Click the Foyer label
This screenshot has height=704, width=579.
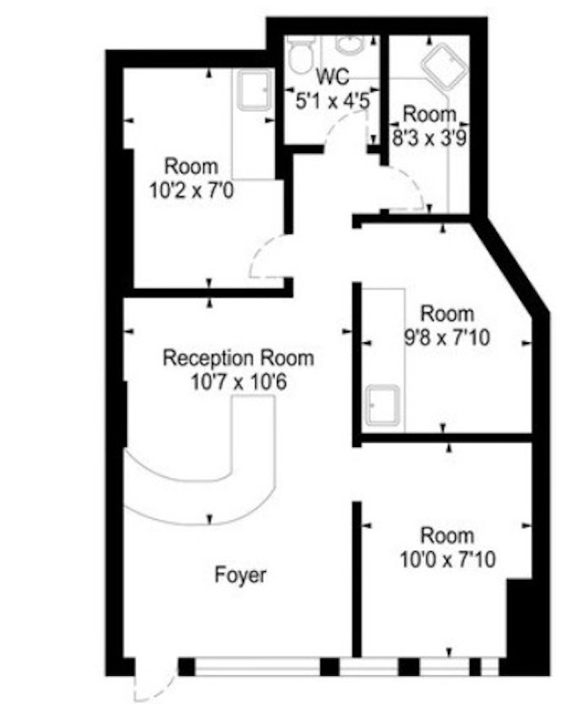pyautogui.click(x=240, y=576)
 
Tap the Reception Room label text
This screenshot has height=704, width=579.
pyautogui.click(x=238, y=358)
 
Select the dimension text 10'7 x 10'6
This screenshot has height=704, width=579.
pyautogui.click(x=238, y=383)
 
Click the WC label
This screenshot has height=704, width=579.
pyautogui.click(x=333, y=77)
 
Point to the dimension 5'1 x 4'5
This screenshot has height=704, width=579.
pyautogui.click(x=333, y=101)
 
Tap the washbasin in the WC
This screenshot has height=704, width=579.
pyautogui.click(x=350, y=45)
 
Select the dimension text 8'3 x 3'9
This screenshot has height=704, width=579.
pyautogui.click(x=429, y=138)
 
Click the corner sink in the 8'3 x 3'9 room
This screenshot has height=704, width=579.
pyautogui.click(x=444, y=68)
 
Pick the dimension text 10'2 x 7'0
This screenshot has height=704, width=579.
pyautogui.click(x=192, y=191)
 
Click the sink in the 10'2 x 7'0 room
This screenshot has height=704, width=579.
pyautogui.click(x=255, y=92)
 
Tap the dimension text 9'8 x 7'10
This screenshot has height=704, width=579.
pyautogui.click(x=447, y=338)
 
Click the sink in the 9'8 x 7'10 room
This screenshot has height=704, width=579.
pyautogui.click(x=382, y=405)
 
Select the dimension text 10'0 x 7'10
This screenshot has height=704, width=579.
pyautogui.click(x=448, y=560)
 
